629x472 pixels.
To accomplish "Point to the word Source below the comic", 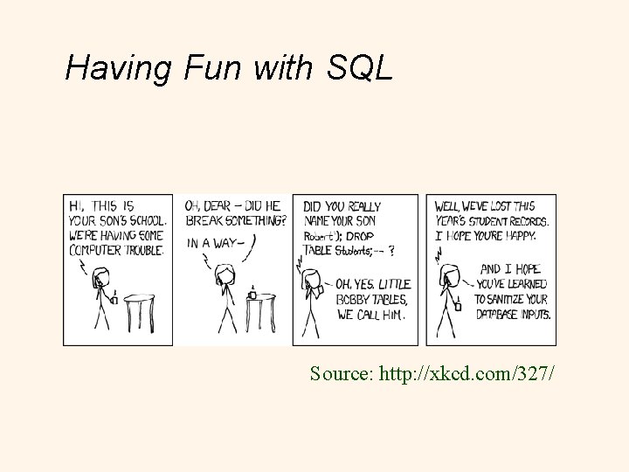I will (341, 374).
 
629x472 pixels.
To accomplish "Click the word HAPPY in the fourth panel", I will (529, 236).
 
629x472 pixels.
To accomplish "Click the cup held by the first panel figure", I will (113, 300).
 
